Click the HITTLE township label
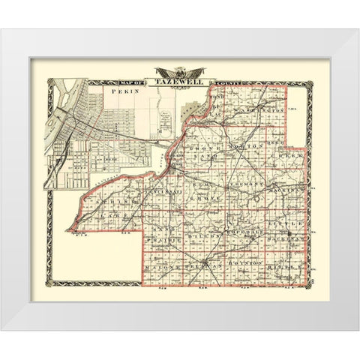286,265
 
